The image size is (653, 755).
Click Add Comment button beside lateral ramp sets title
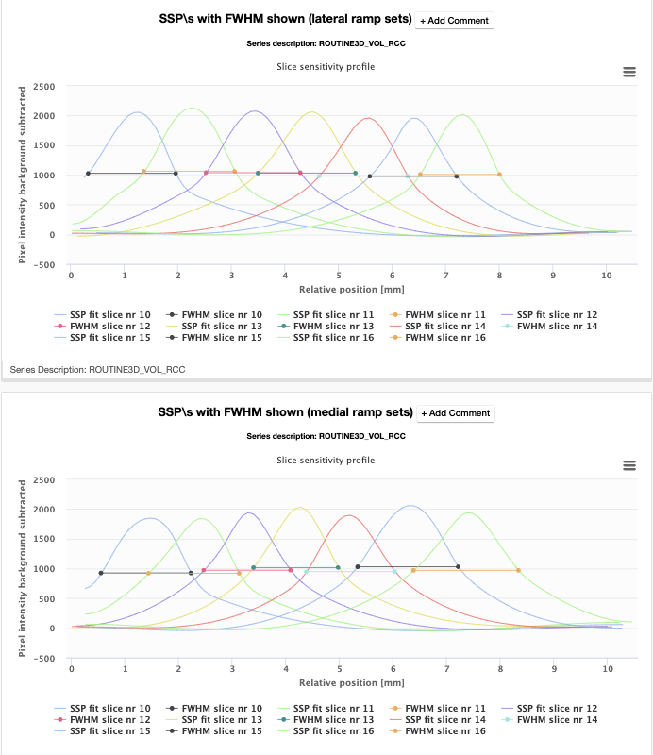(455, 20)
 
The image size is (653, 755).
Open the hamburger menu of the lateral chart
(629, 72)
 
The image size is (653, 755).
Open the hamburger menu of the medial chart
(629, 464)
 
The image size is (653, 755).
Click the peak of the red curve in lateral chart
(368, 118)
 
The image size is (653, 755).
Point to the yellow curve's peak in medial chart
(300, 508)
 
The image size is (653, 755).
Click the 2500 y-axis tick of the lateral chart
(43, 87)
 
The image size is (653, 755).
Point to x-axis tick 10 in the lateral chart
(606, 277)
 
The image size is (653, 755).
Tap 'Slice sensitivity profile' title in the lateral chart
(326, 67)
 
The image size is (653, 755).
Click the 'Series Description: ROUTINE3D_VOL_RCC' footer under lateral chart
(96, 369)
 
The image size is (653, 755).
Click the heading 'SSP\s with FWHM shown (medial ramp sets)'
(283, 412)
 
